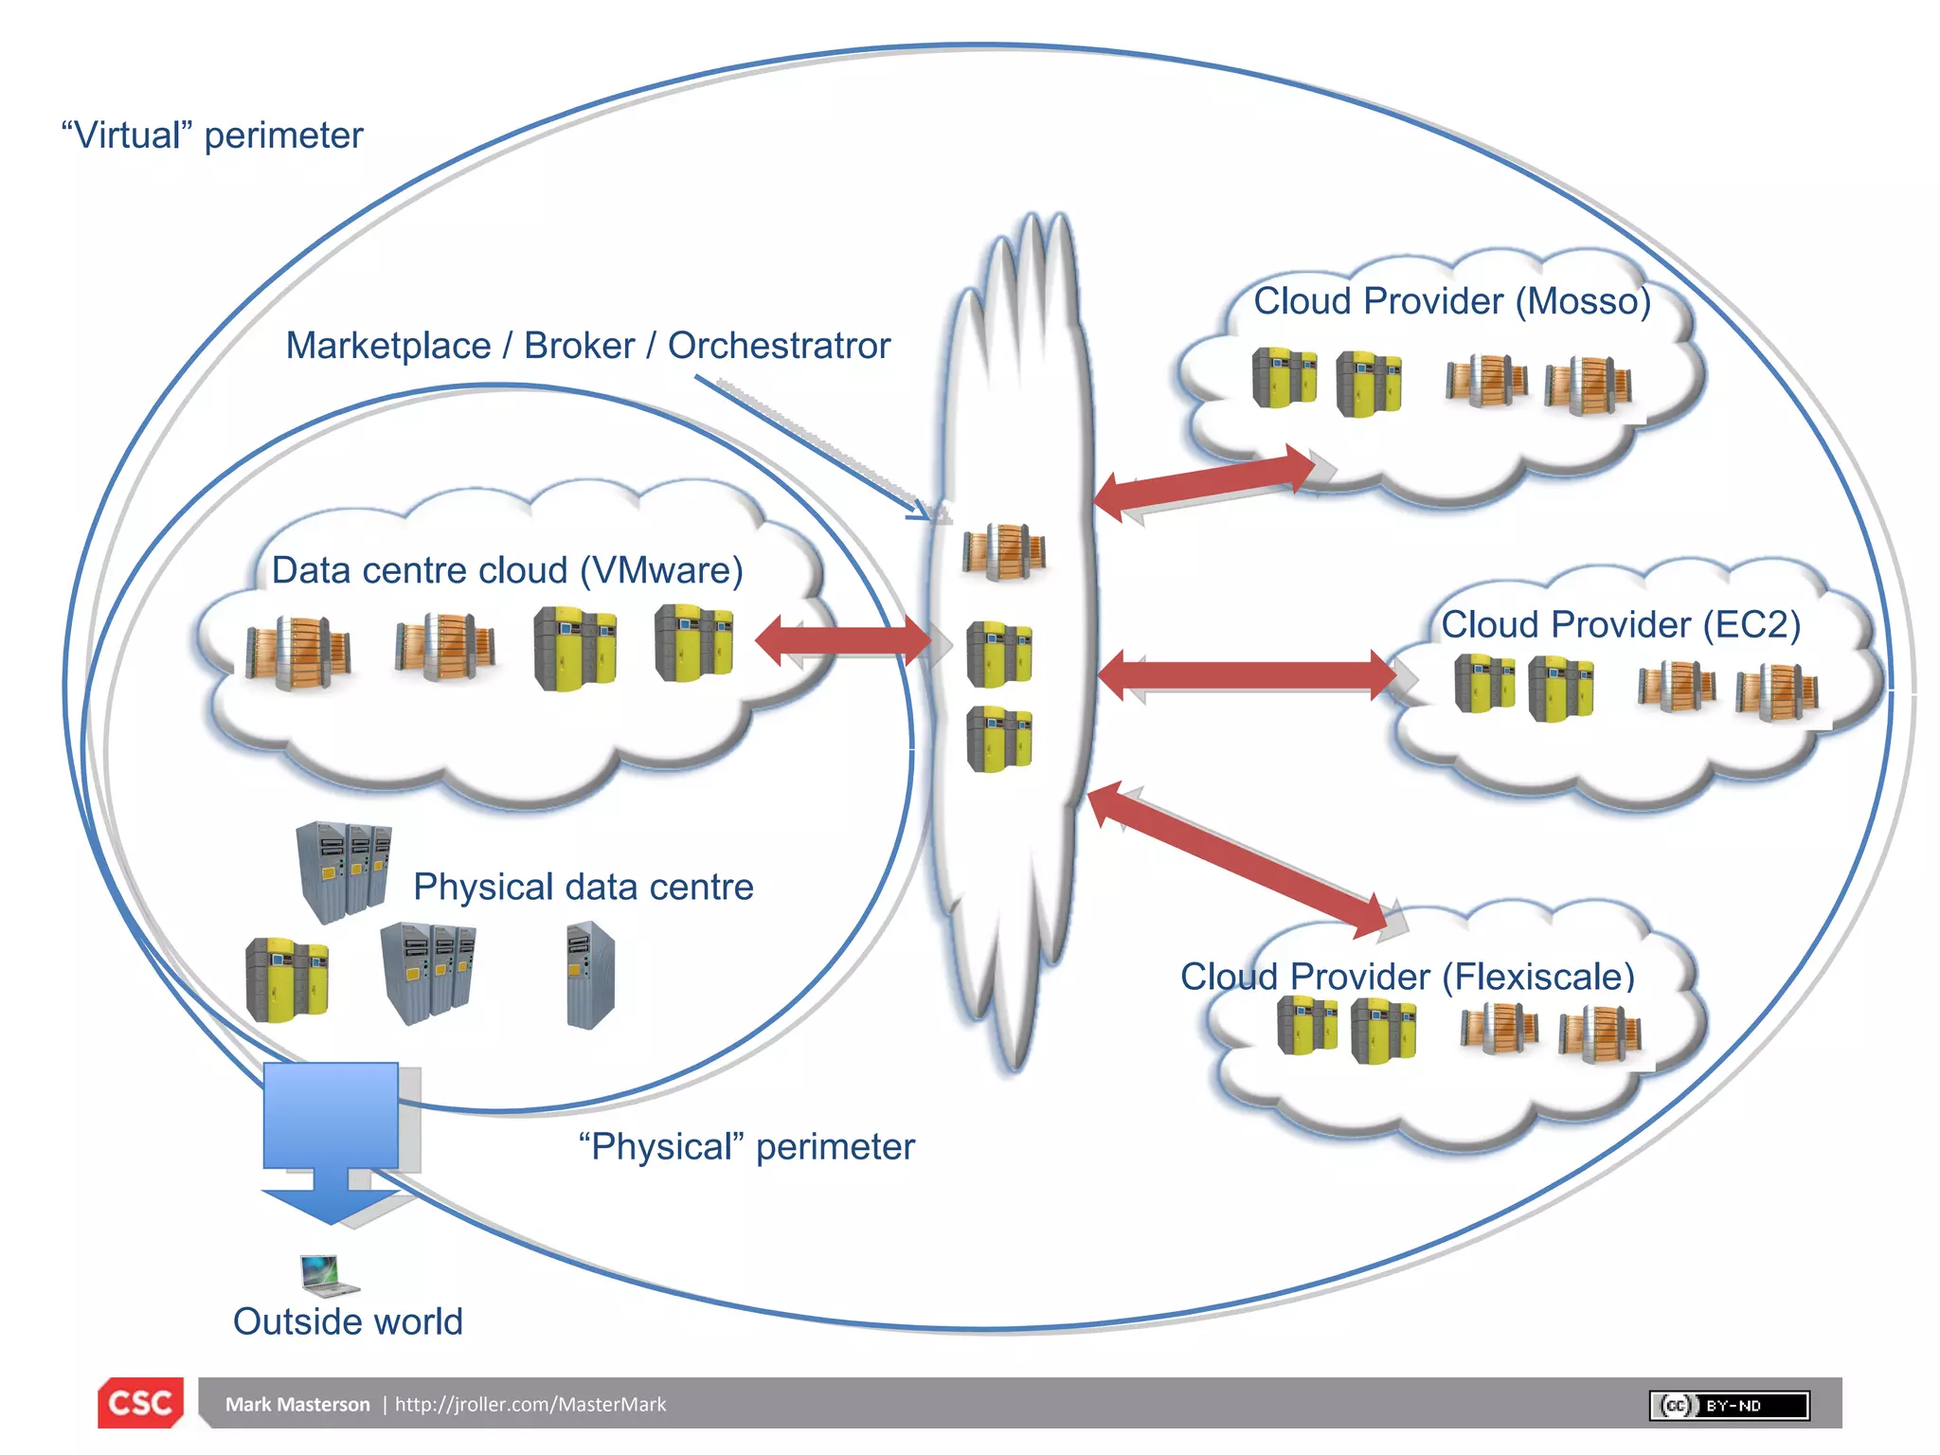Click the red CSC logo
pyautogui.click(x=140, y=1402)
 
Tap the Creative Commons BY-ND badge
pyautogui.click(x=1729, y=1405)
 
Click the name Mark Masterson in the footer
pyautogui.click(x=297, y=1404)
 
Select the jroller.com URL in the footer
pyautogui.click(x=530, y=1404)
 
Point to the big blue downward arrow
pyautogui.click(x=331, y=1137)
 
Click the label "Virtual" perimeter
pyautogui.click(x=212, y=135)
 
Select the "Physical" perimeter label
pyautogui.click(x=746, y=1146)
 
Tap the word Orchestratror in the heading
pyautogui.click(x=779, y=346)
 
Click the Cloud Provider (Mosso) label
pyautogui.click(x=1451, y=301)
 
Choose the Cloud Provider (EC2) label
pyautogui.click(x=1620, y=624)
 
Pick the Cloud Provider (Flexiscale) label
pyautogui.click(x=1408, y=977)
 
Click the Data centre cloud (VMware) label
pyautogui.click(x=507, y=570)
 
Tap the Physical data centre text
pyautogui.click(x=583, y=887)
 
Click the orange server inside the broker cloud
pyautogui.click(x=1004, y=550)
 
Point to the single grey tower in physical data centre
pyautogui.click(x=590, y=976)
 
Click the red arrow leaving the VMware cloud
pyautogui.click(x=843, y=641)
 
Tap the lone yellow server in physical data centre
pyautogui.click(x=287, y=980)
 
